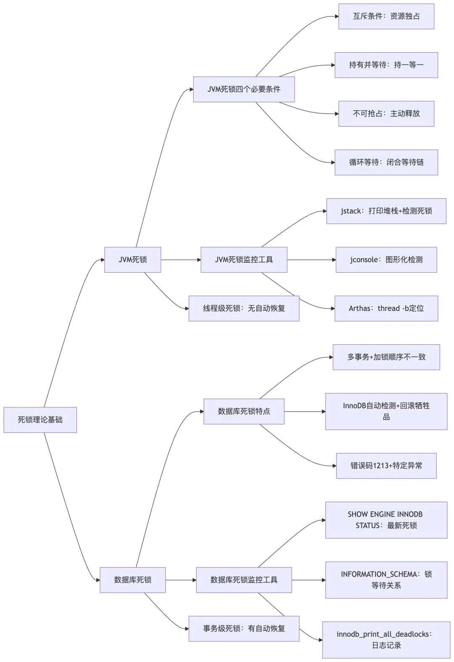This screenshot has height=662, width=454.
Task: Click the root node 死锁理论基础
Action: pyautogui.click(x=40, y=420)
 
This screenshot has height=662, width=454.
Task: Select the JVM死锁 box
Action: pyautogui.click(x=132, y=260)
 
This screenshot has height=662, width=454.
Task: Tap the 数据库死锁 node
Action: pyautogui.click(x=132, y=580)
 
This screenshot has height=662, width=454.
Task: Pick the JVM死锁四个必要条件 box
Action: pyautogui.click(x=244, y=89)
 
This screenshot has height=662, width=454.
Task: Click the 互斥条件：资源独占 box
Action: pyautogui.click(x=386, y=16)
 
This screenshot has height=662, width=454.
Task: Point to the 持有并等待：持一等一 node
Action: pyautogui.click(x=386, y=65)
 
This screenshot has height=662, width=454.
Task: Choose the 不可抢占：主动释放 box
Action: pyautogui.click(x=386, y=114)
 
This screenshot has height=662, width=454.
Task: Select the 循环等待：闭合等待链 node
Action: pyautogui.click(x=386, y=162)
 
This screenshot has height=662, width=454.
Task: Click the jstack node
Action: pyautogui.click(x=386, y=211)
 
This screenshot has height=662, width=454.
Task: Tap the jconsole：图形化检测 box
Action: pyautogui.click(x=386, y=260)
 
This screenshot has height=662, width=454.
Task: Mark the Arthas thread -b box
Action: pyautogui.click(x=386, y=308)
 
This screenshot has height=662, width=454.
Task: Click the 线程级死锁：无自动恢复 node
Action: pyautogui.click(x=244, y=308)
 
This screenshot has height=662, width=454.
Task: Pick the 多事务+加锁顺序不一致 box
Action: pyautogui.click(x=386, y=357)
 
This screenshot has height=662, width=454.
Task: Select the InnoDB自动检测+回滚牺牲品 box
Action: pyautogui.click(x=386, y=411)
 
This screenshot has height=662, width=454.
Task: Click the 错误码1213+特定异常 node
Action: pyautogui.click(x=386, y=465)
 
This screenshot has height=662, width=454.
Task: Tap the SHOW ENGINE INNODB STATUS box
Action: pyautogui.click(x=386, y=520)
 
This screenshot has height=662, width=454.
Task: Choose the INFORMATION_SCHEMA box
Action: pyautogui.click(x=386, y=580)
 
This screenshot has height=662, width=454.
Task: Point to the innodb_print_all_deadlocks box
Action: pyautogui.click(x=386, y=640)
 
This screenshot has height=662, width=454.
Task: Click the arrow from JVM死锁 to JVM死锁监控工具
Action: pyautogui.click(x=181, y=260)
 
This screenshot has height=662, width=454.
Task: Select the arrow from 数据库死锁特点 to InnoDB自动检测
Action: pyautogui.click(x=305, y=411)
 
